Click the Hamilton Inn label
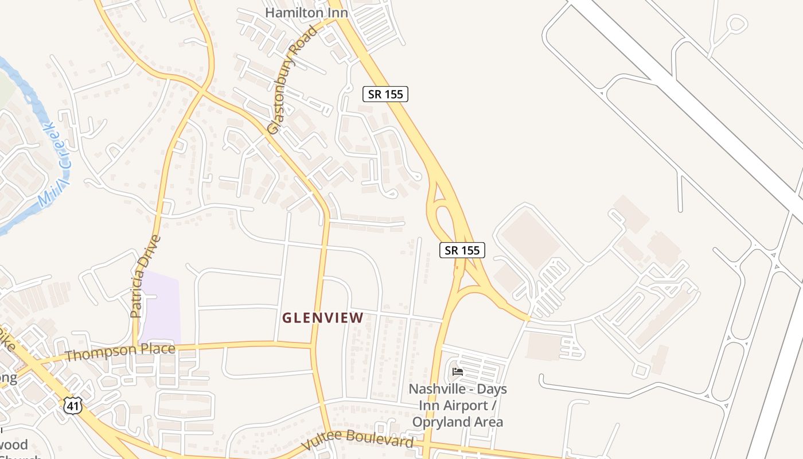click(x=306, y=12)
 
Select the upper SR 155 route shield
click(x=385, y=94)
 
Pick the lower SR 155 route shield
click(x=463, y=250)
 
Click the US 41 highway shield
click(x=73, y=406)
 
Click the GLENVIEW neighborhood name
click(x=323, y=317)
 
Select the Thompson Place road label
click(x=120, y=352)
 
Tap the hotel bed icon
click(x=457, y=372)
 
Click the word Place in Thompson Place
click(x=155, y=349)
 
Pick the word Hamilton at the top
click(x=288, y=12)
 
